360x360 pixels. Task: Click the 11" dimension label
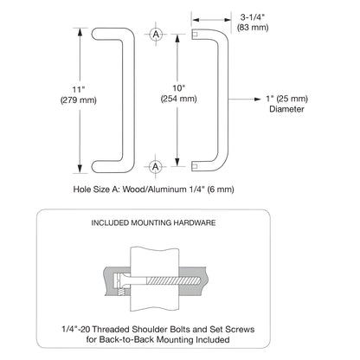click(x=78, y=90)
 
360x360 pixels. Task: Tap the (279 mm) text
click(x=79, y=100)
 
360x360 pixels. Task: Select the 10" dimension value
click(x=178, y=88)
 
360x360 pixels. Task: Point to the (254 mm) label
click(x=178, y=99)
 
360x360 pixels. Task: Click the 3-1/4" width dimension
click(x=253, y=17)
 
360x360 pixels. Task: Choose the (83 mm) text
click(x=253, y=28)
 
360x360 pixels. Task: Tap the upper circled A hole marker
click(x=156, y=35)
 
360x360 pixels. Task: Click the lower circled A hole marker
click(x=156, y=167)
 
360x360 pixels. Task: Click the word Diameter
click(x=286, y=109)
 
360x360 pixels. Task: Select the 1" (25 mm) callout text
click(x=286, y=99)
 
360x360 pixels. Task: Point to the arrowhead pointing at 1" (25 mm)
click(x=258, y=99)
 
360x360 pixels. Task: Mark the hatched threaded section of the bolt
click(x=173, y=280)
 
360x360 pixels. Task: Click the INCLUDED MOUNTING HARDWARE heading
click(x=153, y=222)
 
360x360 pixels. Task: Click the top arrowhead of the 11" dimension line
click(x=80, y=32)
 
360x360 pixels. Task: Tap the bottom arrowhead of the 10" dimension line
click(x=177, y=163)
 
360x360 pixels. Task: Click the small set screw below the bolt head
click(x=121, y=292)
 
